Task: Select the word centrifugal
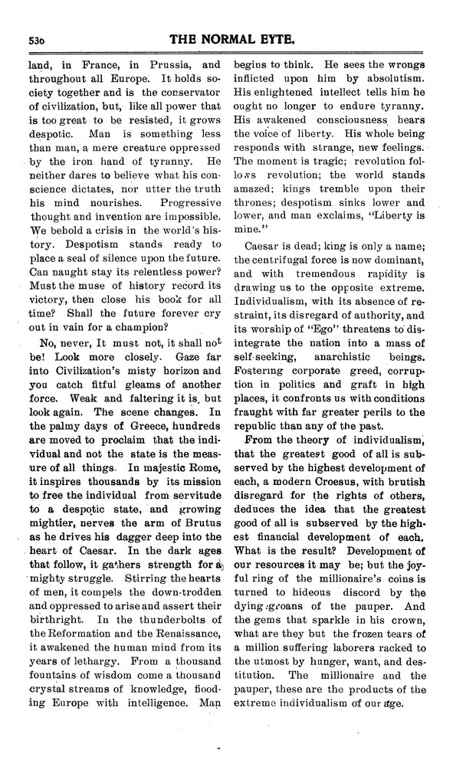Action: pyautogui.click(x=287, y=260)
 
